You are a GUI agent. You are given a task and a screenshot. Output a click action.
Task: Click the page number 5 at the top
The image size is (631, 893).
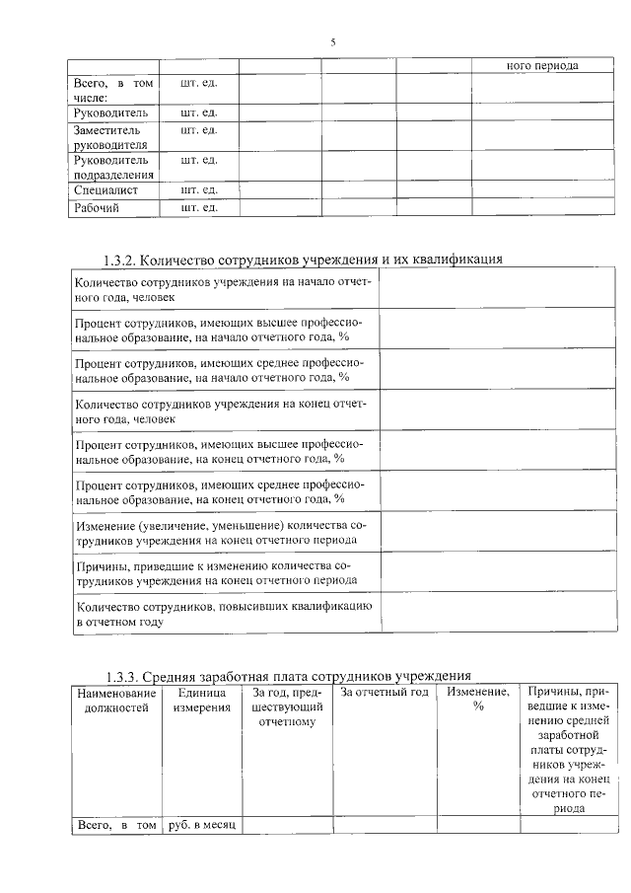(x=332, y=42)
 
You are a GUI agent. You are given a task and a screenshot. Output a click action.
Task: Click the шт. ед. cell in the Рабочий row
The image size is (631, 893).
(x=198, y=208)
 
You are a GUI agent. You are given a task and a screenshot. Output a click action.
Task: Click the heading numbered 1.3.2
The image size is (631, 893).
(x=303, y=260)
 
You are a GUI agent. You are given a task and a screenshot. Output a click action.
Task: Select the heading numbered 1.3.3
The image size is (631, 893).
(x=288, y=677)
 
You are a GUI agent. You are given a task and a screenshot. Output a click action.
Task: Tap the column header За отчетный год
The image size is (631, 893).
(x=384, y=693)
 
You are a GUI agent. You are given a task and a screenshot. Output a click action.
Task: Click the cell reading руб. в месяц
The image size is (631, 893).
(x=201, y=824)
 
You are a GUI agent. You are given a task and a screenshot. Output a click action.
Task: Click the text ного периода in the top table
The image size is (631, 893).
(x=541, y=65)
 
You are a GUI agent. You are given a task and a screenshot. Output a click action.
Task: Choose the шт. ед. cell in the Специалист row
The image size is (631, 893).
(x=198, y=189)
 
